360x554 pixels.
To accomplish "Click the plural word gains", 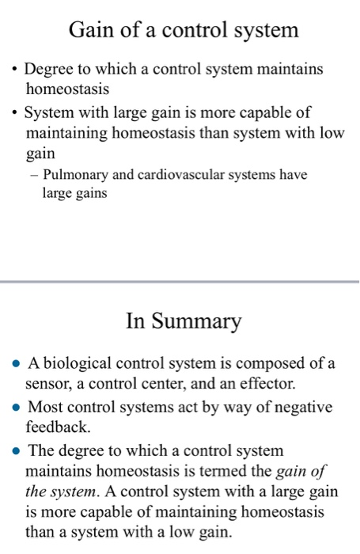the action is pos(90,192).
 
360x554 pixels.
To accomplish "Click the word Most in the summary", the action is pos(44,408).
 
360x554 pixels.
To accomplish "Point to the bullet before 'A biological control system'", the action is pos(16,365).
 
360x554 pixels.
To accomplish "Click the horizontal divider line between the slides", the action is pos(180,281).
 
